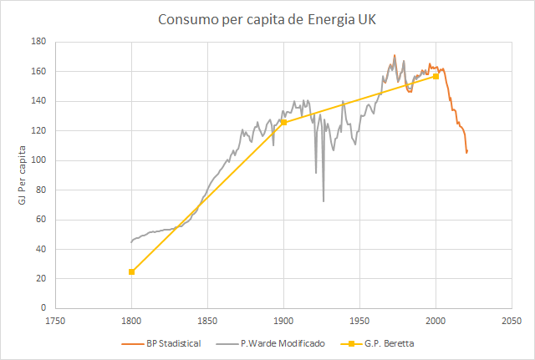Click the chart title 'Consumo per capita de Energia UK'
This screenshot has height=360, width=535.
267,18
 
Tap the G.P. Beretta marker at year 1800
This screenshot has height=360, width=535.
131,271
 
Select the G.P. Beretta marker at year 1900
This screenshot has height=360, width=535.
283,122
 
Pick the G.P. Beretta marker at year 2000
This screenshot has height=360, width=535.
436,76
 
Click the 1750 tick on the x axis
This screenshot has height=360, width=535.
55,320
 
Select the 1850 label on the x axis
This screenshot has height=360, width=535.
207,320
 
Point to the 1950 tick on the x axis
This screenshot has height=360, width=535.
359,320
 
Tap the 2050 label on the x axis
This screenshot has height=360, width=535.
512,320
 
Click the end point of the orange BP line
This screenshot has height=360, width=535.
466,152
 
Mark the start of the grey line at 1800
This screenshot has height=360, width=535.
131,242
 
